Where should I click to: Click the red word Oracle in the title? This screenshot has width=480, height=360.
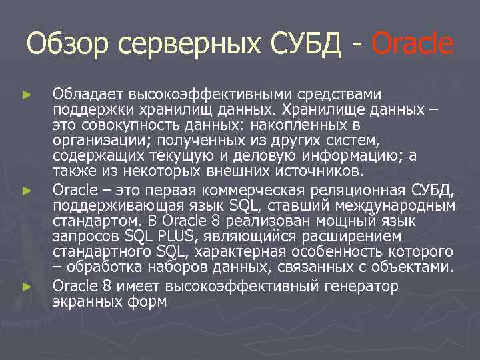(x=411, y=44)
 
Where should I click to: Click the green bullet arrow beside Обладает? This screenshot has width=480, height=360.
(x=26, y=96)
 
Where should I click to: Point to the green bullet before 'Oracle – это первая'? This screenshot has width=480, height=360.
(x=26, y=191)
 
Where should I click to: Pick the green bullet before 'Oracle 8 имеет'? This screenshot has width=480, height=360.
(x=26, y=286)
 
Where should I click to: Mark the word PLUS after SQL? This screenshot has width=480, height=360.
(x=153, y=236)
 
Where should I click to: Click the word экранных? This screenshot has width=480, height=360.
(x=88, y=301)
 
